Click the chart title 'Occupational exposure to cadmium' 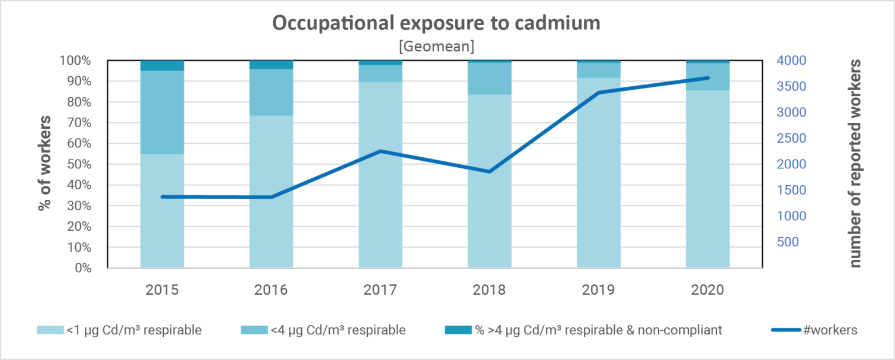pos(437,24)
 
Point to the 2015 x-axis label pos(163,290)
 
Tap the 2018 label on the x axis pos(489,290)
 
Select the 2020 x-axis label pos(707,290)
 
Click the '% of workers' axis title pos(45,164)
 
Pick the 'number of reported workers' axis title pos(854,163)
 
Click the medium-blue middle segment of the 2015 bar pos(163,112)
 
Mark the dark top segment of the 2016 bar pos(272,65)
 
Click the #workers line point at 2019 pos(598,93)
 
